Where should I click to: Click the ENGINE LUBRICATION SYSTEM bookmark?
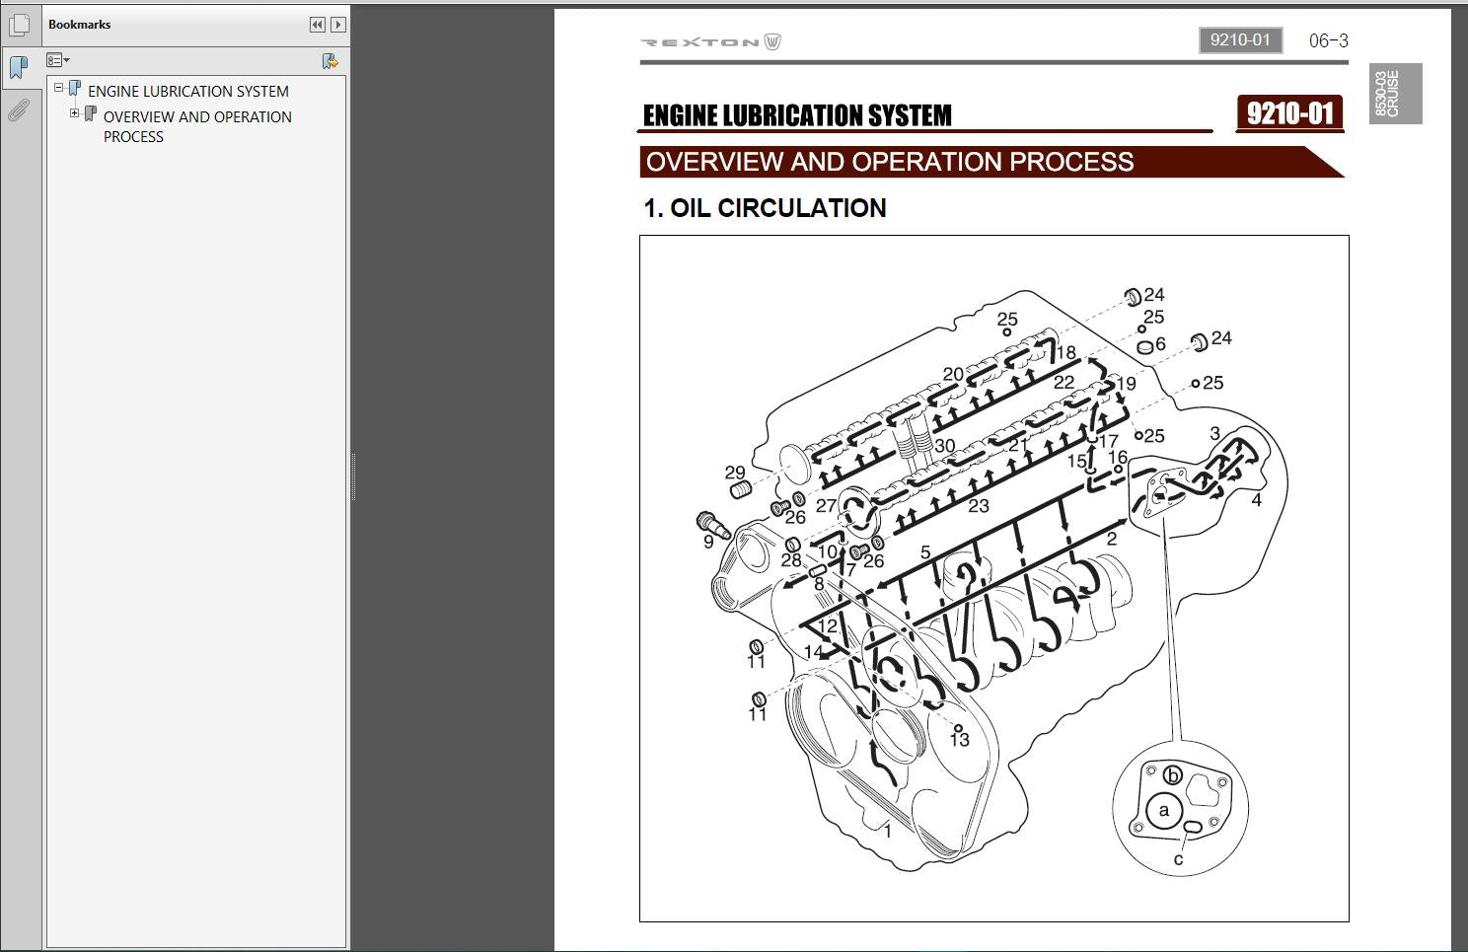(x=188, y=91)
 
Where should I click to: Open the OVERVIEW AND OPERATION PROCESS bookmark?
(x=197, y=126)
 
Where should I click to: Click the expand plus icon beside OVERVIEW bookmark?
(x=75, y=113)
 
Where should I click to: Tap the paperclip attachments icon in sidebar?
(x=19, y=110)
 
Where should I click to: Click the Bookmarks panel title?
(x=79, y=25)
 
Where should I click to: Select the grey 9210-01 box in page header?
(x=1240, y=40)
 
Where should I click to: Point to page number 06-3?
(x=1329, y=40)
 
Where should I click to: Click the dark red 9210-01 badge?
(x=1289, y=113)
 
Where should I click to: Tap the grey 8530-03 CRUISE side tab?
(x=1395, y=93)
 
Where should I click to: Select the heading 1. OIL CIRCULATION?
(x=765, y=208)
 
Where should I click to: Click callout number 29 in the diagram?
(x=735, y=473)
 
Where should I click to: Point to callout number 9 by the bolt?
(x=708, y=542)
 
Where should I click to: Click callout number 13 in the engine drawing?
(x=960, y=740)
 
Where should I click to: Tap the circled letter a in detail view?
(x=1164, y=811)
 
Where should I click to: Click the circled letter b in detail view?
(x=1172, y=775)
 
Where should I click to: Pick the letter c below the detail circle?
(x=1178, y=859)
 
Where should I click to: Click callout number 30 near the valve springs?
(x=944, y=446)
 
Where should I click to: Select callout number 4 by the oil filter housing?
(x=1256, y=500)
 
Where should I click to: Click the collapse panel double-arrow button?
(x=318, y=25)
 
